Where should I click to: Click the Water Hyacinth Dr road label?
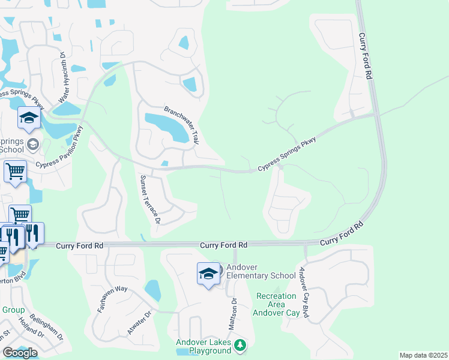(62, 77)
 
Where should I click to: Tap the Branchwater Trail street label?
(181, 125)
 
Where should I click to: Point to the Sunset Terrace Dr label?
(149, 199)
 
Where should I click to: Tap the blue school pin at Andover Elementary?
(208, 274)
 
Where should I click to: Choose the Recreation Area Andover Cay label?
(276, 304)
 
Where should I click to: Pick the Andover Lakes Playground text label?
(203, 346)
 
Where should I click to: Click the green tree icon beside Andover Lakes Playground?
(240, 345)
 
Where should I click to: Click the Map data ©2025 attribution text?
(423, 355)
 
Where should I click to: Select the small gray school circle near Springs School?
(33, 145)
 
